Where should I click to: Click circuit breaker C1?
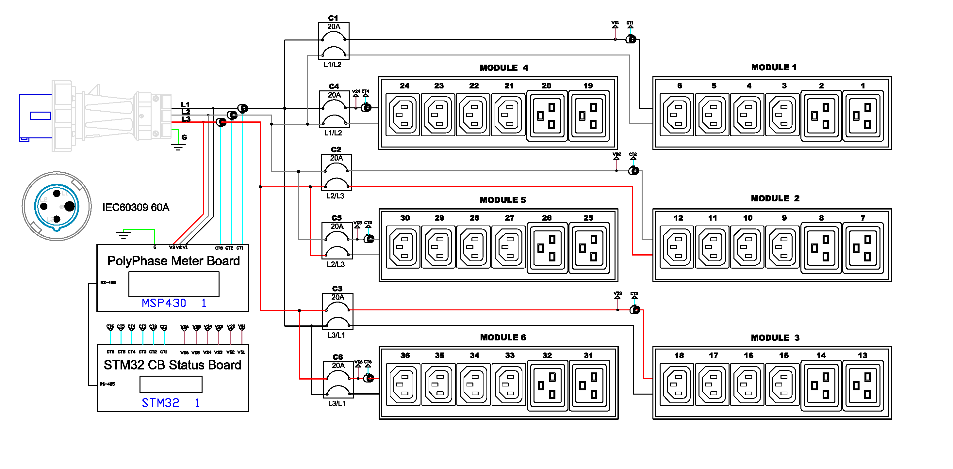click(333, 41)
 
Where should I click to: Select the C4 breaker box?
click(334, 109)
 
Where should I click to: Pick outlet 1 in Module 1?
click(863, 116)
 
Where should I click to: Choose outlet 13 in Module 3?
click(863, 385)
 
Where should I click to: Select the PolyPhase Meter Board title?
click(173, 261)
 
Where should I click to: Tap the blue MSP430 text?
click(164, 303)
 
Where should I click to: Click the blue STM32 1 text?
click(170, 402)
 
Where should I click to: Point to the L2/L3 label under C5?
click(336, 264)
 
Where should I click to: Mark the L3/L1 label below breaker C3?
click(336, 335)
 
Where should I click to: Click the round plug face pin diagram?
click(56, 206)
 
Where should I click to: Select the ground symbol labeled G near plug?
click(178, 146)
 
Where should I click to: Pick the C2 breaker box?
click(336, 172)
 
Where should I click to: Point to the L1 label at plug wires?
click(185, 104)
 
